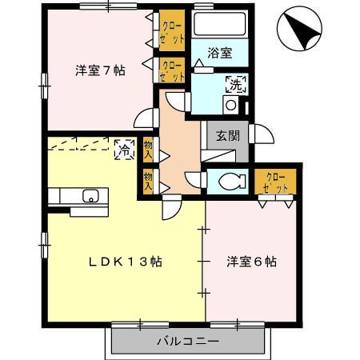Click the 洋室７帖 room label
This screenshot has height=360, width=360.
[100, 70]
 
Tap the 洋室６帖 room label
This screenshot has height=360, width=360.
[251, 262]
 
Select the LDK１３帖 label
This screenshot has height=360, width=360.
[126, 262]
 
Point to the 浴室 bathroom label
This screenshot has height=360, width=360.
[220, 53]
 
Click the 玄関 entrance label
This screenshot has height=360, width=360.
[228, 136]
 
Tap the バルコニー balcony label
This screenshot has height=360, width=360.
[188, 341]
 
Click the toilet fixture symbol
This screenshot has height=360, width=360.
[232, 182]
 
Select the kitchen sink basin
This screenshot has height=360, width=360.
[91, 196]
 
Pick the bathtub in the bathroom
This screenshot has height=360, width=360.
[220, 24]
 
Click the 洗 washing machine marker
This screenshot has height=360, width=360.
[236, 85]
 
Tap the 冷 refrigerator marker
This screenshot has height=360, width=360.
[124, 150]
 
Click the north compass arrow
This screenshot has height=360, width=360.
[302, 30]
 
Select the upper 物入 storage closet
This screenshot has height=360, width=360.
[148, 150]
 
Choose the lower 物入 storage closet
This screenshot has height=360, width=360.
[148, 182]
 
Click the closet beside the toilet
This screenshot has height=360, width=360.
[275, 182]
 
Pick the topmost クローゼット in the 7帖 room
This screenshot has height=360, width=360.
[172, 30]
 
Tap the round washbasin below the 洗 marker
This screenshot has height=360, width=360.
[230, 105]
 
